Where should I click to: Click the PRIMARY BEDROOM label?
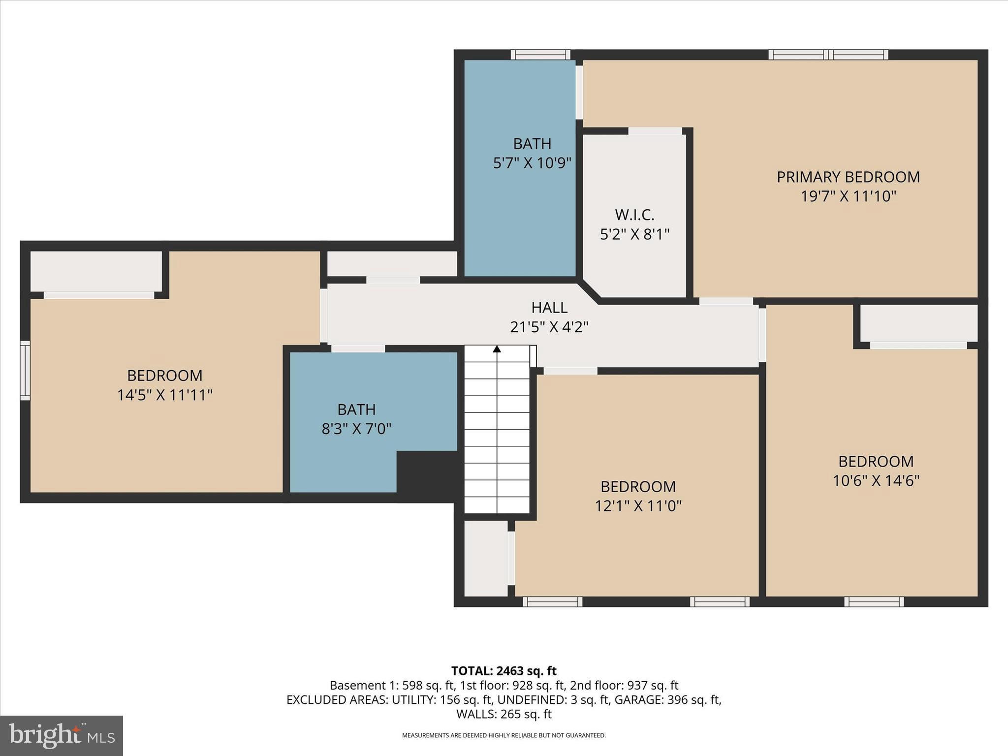click(x=848, y=177)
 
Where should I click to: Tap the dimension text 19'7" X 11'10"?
click(x=848, y=196)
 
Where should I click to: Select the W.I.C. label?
click(x=634, y=215)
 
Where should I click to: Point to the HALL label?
click(x=549, y=308)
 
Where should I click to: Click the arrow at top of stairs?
click(x=497, y=349)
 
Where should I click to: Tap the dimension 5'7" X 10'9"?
click(x=532, y=163)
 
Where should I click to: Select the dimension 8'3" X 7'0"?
click(x=356, y=429)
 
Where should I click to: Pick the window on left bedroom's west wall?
click(x=25, y=370)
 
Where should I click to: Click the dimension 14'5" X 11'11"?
click(x=164, y=395)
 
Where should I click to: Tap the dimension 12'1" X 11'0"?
click(x=638, y=505)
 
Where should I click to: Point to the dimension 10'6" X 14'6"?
click(x=876, y=480)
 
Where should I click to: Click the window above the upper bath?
click(x=540, y=55)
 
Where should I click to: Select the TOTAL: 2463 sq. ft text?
click(x=504, y=671)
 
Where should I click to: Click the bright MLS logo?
click(x=62, y=735)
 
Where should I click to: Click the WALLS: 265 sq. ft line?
click(x=504, y=714)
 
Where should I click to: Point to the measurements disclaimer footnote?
click(x=504, y=735)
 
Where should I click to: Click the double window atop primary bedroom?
click(x=828, y=55)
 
